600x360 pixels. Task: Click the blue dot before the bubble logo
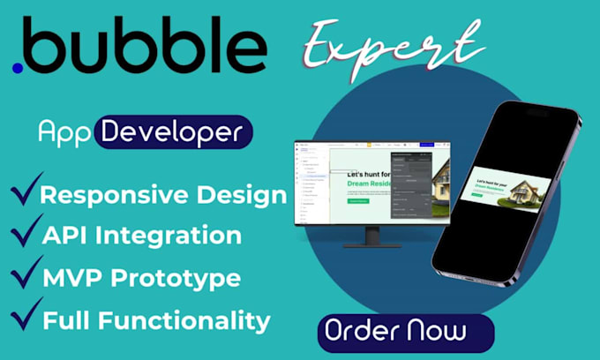tap(18, 66)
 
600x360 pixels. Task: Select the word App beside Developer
tap(64, 132)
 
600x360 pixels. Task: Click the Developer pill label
tap(172, 132)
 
